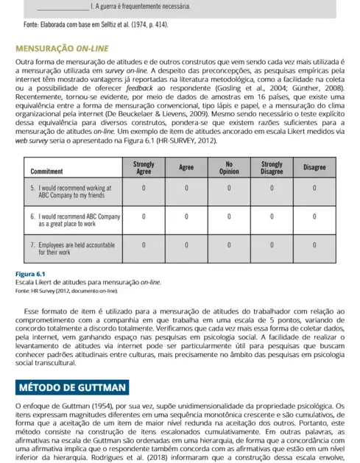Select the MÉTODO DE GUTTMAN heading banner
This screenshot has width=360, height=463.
coord(73,387)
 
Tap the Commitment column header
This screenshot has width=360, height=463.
coord(46,170)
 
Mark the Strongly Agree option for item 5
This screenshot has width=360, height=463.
coord(144,188)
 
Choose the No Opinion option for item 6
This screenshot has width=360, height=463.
coord(229,216)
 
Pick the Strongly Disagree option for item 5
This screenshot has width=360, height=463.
coord(272,188)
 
